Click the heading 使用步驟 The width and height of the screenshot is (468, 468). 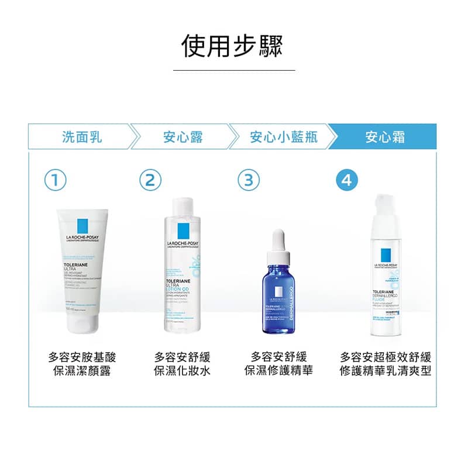(233, 45)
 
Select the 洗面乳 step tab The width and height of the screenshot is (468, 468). (82, 137)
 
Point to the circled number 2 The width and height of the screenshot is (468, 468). (150, 180)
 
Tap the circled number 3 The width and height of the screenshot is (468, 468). (249, 180)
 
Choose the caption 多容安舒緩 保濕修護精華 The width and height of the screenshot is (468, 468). (278, 364)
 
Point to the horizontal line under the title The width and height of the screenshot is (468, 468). (234, 70)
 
